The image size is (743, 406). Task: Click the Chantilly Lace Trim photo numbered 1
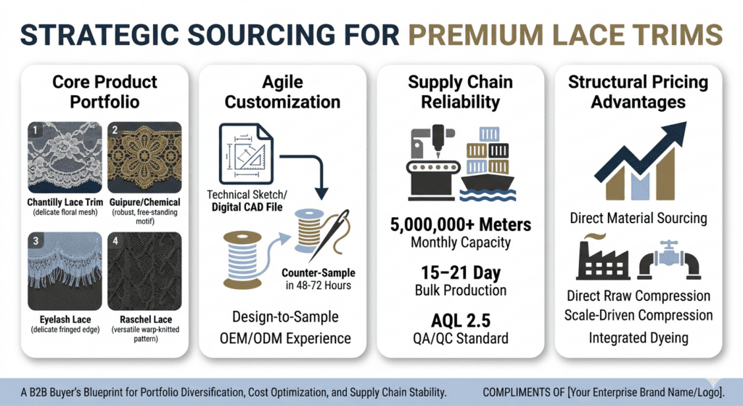65,158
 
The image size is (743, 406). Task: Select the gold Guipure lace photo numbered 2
144,158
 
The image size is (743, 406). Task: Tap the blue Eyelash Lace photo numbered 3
65,271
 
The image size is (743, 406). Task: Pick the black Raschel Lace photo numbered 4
144,271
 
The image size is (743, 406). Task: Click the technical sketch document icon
246,154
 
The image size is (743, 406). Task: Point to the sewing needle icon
330,235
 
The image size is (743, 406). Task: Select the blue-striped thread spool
242,260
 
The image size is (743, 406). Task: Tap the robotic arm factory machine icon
433,163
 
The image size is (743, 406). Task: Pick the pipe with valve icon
668,260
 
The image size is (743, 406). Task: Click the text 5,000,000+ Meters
461,224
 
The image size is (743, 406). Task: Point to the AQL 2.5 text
461,320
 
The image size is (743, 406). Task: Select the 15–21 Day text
461,272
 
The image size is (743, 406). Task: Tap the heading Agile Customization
282,92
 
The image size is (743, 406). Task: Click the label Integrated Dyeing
639,338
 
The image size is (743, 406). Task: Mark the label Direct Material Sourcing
639,218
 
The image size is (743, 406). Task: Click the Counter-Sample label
319,272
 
